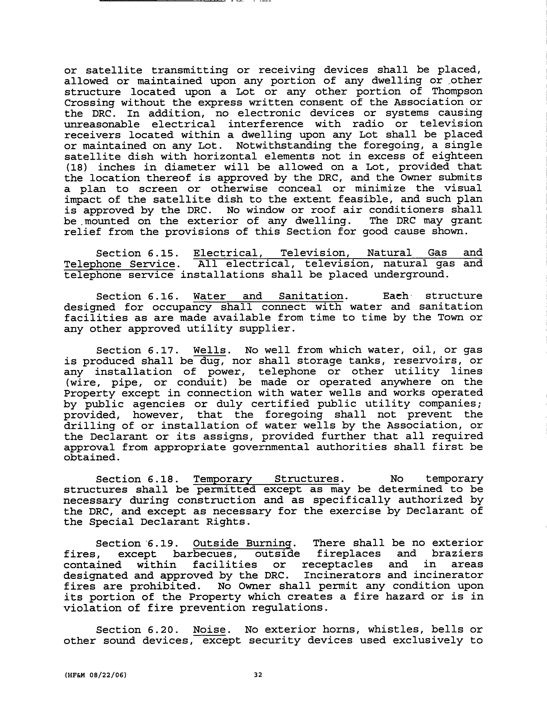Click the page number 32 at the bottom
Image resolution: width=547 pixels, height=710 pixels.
pos(258,675)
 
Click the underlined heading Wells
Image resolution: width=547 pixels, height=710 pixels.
pos(209,350)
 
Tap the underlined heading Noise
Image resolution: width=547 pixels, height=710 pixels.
pos(209,630)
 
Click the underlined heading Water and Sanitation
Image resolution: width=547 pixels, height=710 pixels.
pos(268,296)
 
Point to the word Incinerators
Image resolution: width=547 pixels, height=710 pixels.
pos(342,575)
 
